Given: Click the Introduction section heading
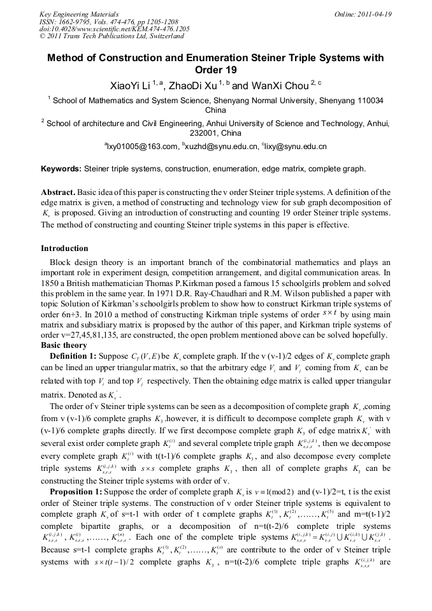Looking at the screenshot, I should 64,248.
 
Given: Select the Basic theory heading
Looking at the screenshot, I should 64,345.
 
